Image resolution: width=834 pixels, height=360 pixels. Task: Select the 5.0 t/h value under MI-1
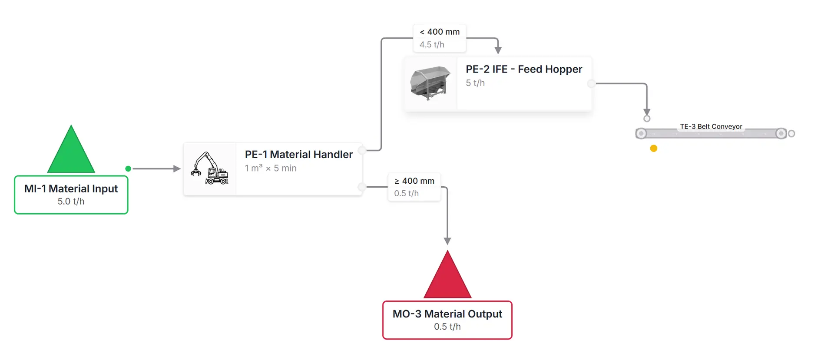(x=71, y=201)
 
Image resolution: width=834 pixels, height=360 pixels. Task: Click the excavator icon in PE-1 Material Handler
(x=210, y=168)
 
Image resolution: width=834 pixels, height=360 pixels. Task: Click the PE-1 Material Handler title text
(x=298, y=155)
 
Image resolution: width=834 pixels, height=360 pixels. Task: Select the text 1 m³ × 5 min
(x=271, y=168)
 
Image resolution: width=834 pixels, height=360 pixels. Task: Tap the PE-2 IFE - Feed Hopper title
(x=524, y=69)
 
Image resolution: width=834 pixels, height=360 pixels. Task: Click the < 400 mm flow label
(x=440, y=32)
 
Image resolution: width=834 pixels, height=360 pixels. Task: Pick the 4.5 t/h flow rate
(x=432, y=45)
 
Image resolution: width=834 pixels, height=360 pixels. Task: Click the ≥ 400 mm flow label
(x=414, y=181)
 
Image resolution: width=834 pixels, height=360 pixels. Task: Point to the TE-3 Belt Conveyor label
(x=711, y=126)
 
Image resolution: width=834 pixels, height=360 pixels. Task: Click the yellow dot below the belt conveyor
(x=654, y=149)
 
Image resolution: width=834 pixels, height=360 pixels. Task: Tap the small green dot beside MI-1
(x=128, y=168)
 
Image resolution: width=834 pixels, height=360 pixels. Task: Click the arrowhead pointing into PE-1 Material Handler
(x=177, y=168)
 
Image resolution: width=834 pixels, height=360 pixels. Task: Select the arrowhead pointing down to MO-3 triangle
(x=447, y=241)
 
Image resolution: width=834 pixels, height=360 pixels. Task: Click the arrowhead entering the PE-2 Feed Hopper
(x=498, y=50)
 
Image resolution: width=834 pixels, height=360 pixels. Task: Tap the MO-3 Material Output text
(x=447, y=314)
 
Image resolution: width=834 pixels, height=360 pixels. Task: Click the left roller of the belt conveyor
(x=641, y=133)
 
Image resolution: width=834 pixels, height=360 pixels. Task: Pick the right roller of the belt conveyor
(x=781, y=133)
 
